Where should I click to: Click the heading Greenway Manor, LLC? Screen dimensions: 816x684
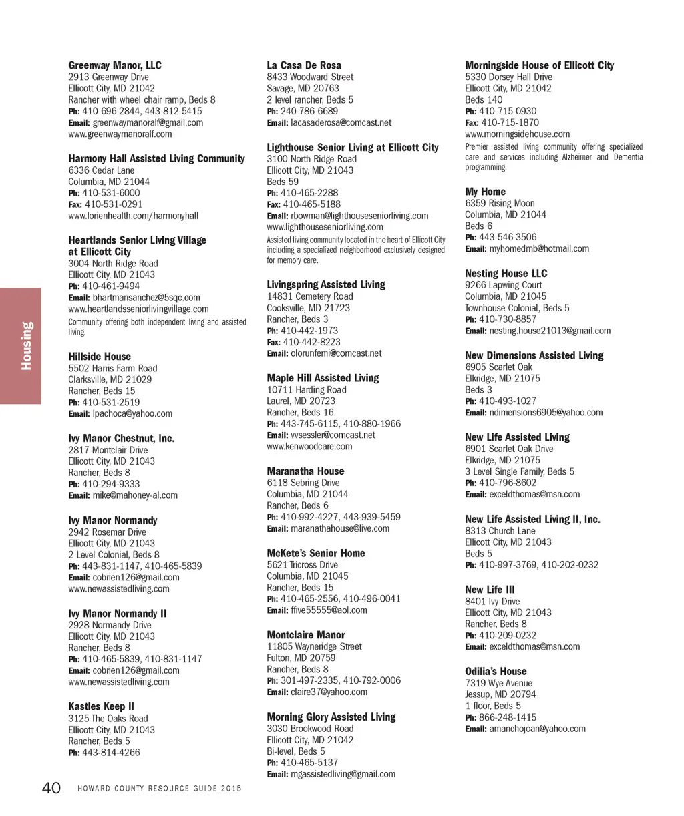click(115, 65)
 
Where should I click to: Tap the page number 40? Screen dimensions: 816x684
click(51, 788)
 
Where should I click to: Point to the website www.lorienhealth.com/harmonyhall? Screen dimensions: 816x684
click(133, 216)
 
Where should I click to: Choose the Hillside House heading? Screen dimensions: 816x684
click(100, 357)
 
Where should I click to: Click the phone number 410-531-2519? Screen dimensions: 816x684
click(111, 402)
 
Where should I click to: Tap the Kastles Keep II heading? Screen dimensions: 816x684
click(101, 706)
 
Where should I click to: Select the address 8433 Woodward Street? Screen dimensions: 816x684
click(310, 77)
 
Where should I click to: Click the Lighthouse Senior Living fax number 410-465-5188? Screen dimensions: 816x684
click(311, 204)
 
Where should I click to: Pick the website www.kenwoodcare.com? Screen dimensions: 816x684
click(309, 446)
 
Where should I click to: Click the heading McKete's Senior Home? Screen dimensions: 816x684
click(316, 553)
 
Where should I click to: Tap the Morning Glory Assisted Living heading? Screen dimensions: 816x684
click(331, 717)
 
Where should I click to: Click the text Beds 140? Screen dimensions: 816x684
click(484, 99)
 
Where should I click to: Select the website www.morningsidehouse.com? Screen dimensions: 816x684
click(518, 134)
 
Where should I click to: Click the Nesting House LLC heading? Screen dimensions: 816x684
click(506, 273)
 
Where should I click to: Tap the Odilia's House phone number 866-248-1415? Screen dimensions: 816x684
click(508, 717)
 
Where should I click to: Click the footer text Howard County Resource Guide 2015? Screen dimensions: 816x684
click(160, 789)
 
